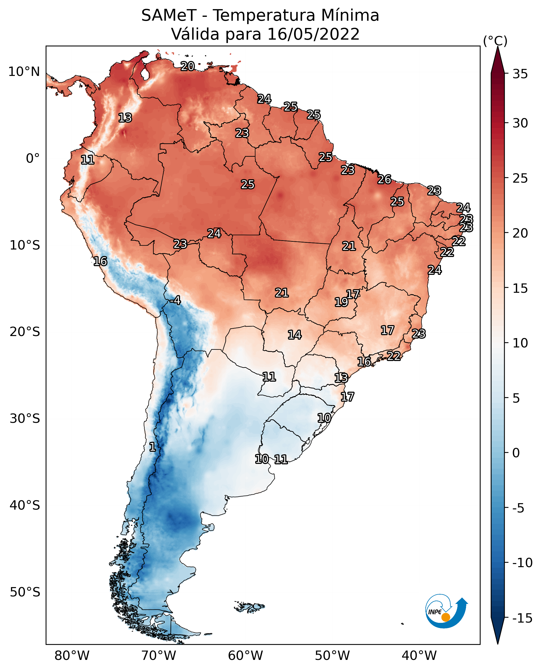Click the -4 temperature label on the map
tap(175, 301)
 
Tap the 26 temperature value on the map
tap(384, 179)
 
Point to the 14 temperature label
tap(295, 335)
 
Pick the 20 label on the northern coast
tap(188, 66)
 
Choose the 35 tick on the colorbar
tap(520, 74)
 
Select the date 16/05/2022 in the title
tap(314, 34)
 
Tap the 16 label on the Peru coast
tap(100, 261)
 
